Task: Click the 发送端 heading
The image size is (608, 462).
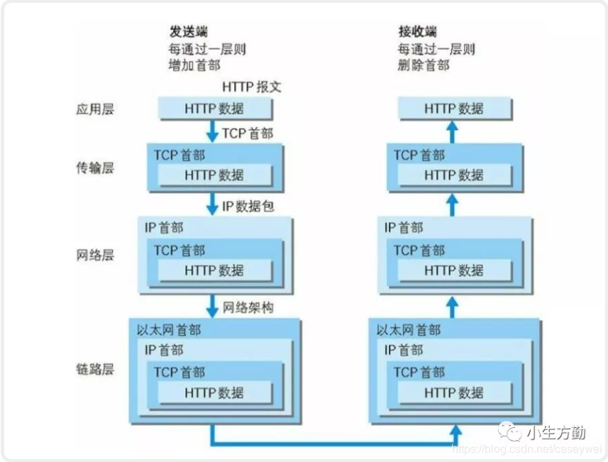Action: (x=189, y=31)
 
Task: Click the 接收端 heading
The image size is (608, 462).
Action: (x=418, y=31)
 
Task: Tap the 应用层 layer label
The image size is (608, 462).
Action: (x=95, y=109)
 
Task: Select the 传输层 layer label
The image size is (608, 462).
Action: (x=95, y=168)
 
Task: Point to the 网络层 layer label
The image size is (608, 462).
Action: (x=95, y=255)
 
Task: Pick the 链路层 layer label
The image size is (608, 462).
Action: (x=95, y=369)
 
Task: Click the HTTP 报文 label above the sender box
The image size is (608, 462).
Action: (x=252, y=87)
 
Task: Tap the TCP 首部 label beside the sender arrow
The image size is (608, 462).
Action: (x=248, y=133)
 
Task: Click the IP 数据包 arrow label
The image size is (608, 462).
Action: (x=248, y=207)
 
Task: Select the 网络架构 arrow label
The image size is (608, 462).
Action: (x=248, y=307)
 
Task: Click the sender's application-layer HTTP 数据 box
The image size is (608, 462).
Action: (x=215, y=109)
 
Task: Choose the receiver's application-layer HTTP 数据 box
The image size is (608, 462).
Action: (x=455, y=109)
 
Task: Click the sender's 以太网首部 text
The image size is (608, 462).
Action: (x=169, y=330)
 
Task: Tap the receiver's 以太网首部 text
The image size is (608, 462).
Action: (x=409, y=330)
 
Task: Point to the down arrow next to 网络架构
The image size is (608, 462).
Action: (x=212, y=307)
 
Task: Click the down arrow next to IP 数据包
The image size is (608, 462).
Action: (x=212, y=204)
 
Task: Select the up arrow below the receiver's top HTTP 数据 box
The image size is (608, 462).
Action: (x=452, y=132)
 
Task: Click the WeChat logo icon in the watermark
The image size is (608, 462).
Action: (x=509, y=431)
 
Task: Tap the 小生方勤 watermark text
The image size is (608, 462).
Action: (x=556, y=432)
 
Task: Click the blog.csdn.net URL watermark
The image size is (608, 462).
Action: (x=526, y=449)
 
